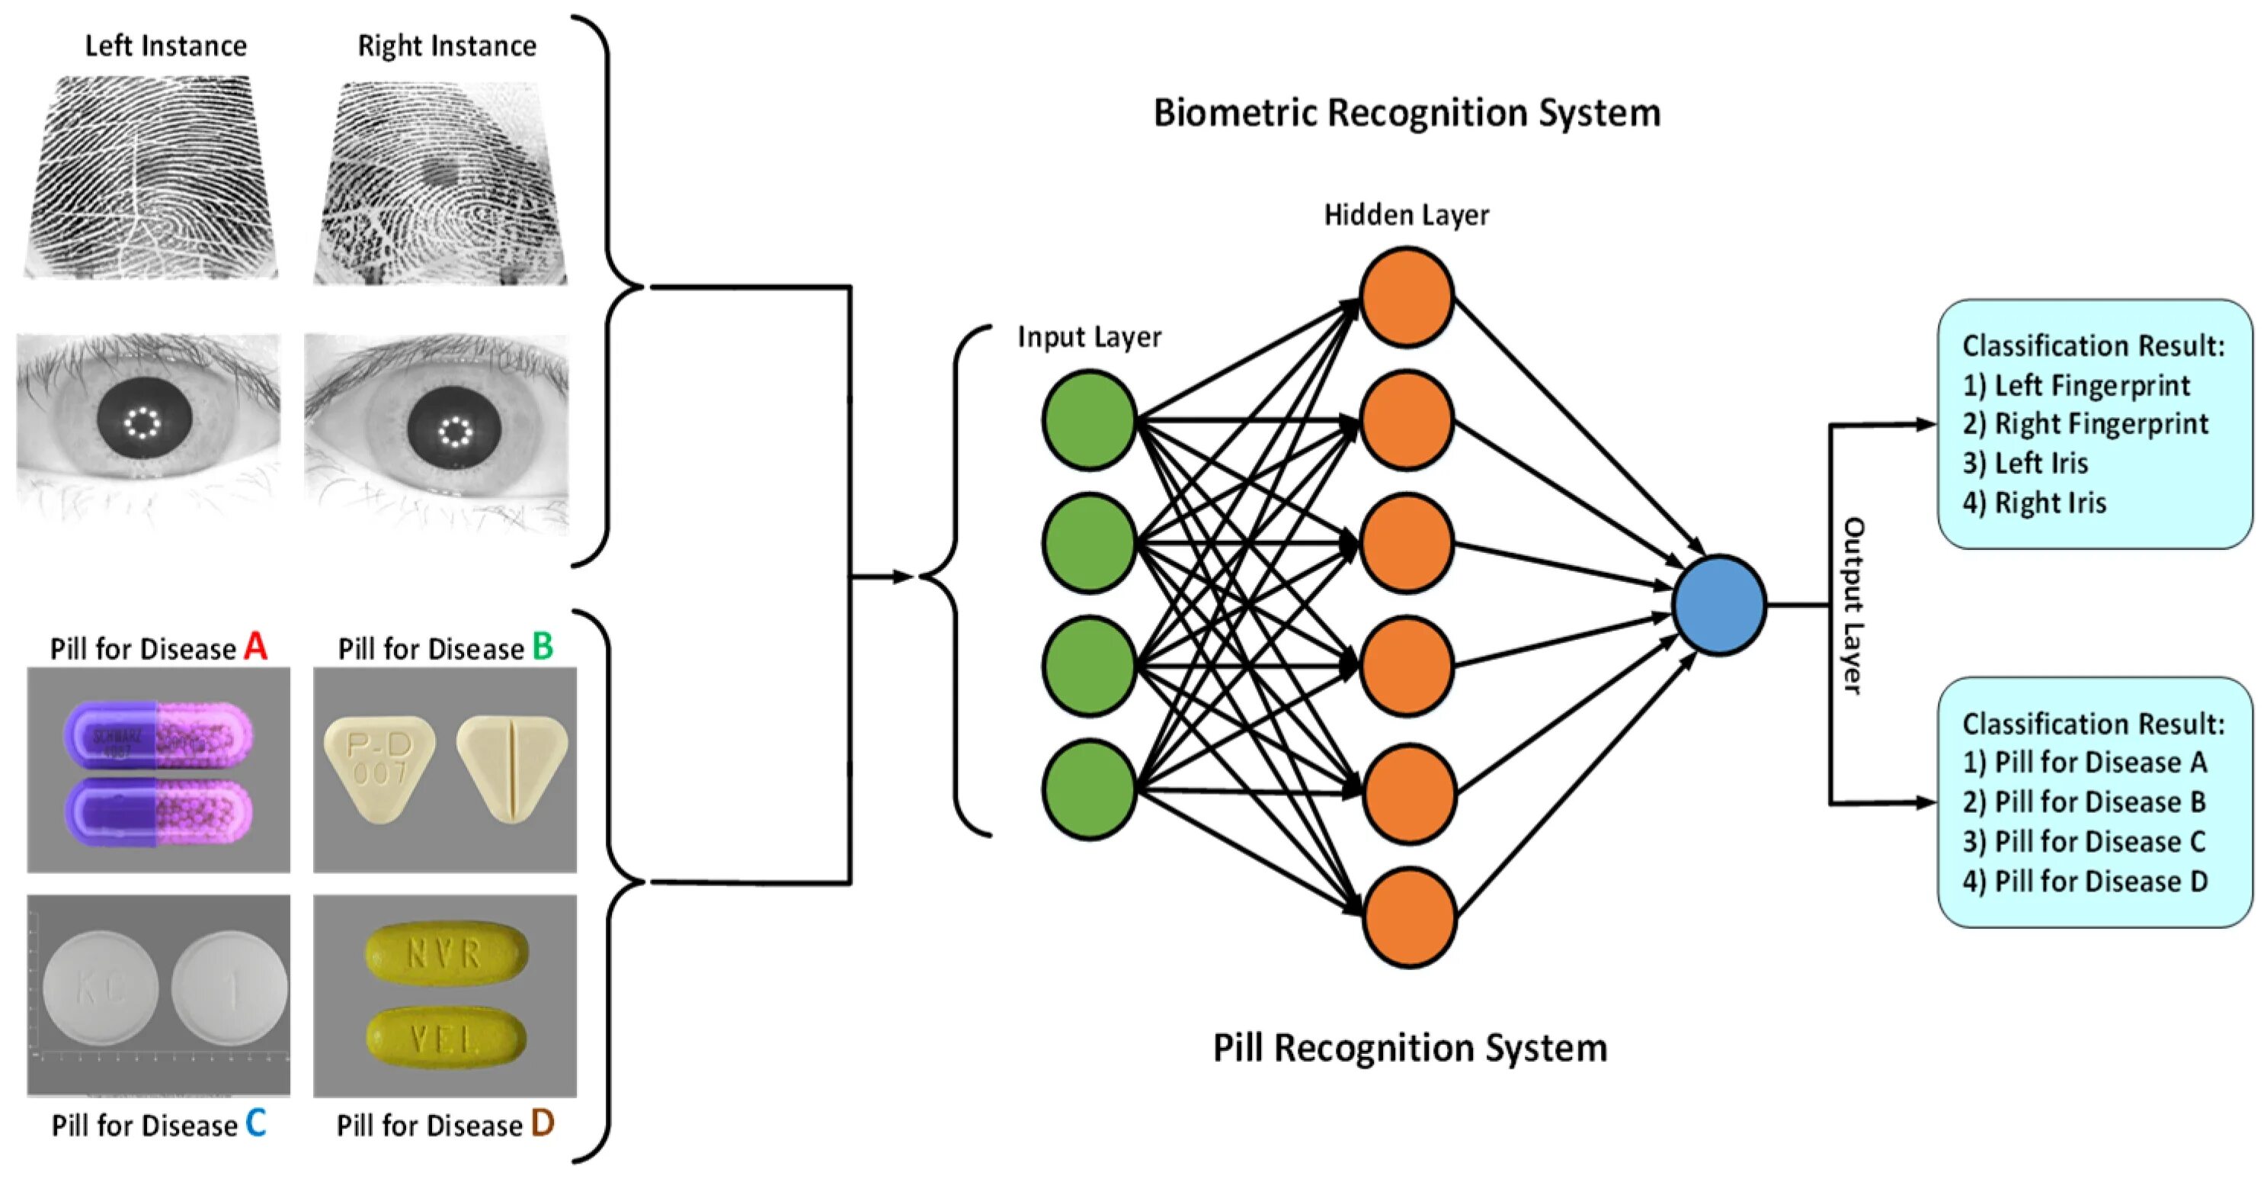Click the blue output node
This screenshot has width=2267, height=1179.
1719,605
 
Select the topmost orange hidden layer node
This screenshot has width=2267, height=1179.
1407,297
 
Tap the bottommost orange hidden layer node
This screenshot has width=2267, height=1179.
1408,917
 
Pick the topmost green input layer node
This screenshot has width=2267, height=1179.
1090,420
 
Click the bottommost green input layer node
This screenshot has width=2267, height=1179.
1090,789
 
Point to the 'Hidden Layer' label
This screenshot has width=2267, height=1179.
1407,215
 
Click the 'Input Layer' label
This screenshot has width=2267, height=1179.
1089,336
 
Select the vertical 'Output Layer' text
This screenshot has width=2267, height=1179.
1852,606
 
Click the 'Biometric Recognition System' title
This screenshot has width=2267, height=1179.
1407,113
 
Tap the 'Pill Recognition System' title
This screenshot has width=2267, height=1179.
1410,1048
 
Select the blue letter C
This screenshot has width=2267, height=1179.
255,1123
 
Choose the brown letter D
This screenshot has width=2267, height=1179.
542,1123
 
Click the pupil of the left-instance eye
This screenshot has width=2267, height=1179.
143,426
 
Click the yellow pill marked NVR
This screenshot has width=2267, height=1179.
447,953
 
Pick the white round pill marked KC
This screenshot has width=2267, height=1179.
101,988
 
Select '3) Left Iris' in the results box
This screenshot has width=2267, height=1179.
2024,463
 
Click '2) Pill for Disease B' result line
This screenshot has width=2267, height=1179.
2083,802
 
